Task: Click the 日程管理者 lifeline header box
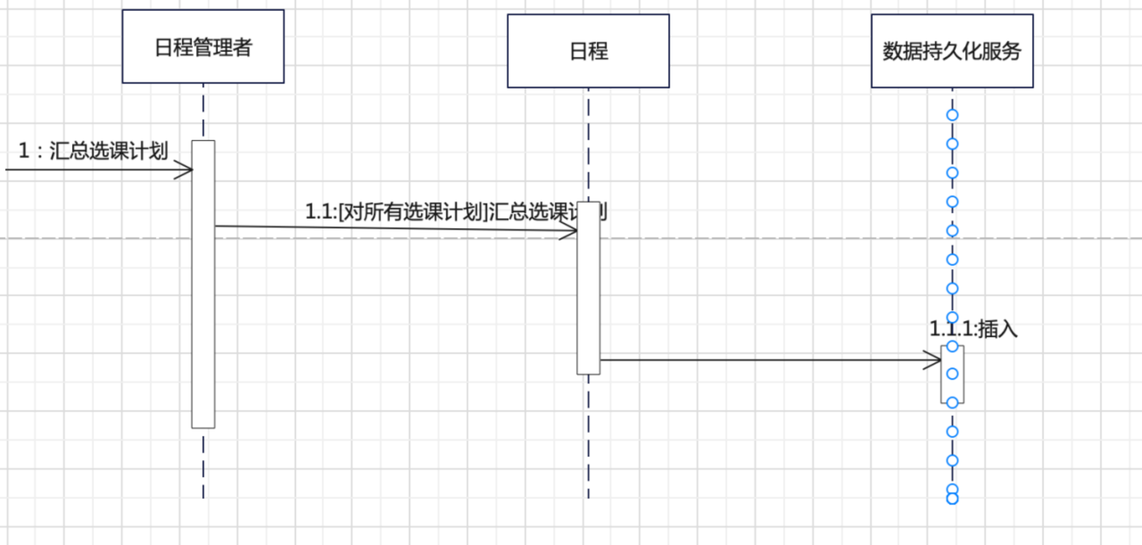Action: tap(203, 46)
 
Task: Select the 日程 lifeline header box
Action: tap(588, 51)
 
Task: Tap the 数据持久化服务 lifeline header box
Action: tap(952, 51)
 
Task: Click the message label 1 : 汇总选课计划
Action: tap(93, 151)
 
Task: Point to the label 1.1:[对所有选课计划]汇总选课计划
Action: tap(455, 212)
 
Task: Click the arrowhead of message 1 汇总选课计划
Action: tap(187, 169)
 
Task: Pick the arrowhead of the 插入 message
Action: tap(935, 360)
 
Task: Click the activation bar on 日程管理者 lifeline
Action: tap(203, 312)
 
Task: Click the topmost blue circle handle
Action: tap(952, 115)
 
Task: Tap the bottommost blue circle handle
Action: tap(952, 499)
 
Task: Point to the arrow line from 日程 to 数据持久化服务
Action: tap(758, 359)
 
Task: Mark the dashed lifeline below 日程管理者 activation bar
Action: tap(203, 464)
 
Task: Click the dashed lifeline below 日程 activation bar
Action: tap(588, 437)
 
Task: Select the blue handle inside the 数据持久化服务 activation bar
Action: tap(952, 374)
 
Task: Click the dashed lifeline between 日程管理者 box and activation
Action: tap(203, 111)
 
